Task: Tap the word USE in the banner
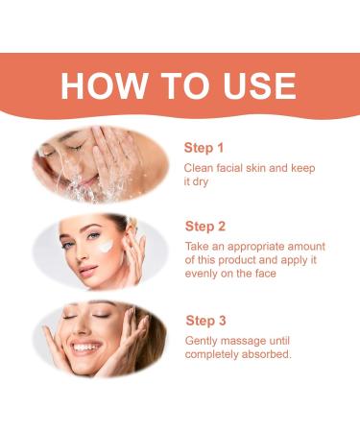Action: pyautogui.click(x=252, y=85)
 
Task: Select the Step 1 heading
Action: pyautogui.click(x=204, y=148)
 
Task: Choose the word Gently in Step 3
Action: pyautogui.click(x=203, y=341)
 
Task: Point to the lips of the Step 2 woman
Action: pyautogui.click(x=82, y=269)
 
